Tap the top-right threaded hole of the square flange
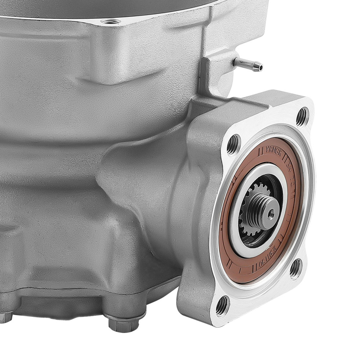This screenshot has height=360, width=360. tap(302, 116)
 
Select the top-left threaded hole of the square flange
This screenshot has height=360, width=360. tap(233, 144)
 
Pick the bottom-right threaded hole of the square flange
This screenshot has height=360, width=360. tap(295, 268)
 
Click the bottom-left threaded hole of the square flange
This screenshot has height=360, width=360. tap(222, 306)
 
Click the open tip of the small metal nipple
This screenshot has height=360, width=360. tap(260, 67)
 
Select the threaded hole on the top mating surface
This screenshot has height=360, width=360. tap(110, 21)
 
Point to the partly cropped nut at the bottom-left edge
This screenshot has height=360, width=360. tap(5, 317)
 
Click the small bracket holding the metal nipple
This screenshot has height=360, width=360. tap(216, 72)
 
